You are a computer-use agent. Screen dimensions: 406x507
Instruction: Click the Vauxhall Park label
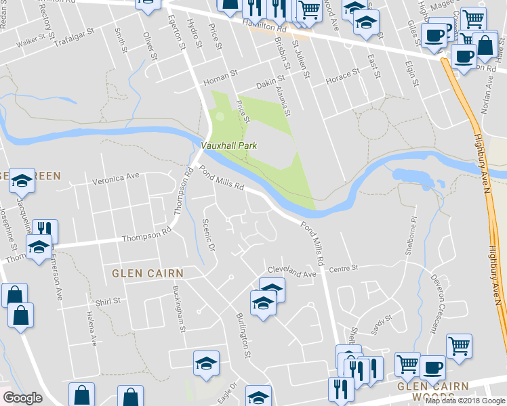(228, 145)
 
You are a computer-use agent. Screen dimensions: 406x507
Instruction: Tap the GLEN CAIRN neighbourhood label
(148, 273)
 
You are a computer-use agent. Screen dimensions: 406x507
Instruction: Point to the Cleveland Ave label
(291, 272)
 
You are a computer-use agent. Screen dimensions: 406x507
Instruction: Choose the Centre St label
(343, 269)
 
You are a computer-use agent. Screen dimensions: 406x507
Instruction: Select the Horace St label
(343, 75)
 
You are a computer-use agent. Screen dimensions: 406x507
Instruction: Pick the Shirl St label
(107, 301)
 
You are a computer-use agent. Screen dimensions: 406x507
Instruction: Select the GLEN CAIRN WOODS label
(432, 392)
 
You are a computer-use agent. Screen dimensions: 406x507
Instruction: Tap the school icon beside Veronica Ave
(22, 181)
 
